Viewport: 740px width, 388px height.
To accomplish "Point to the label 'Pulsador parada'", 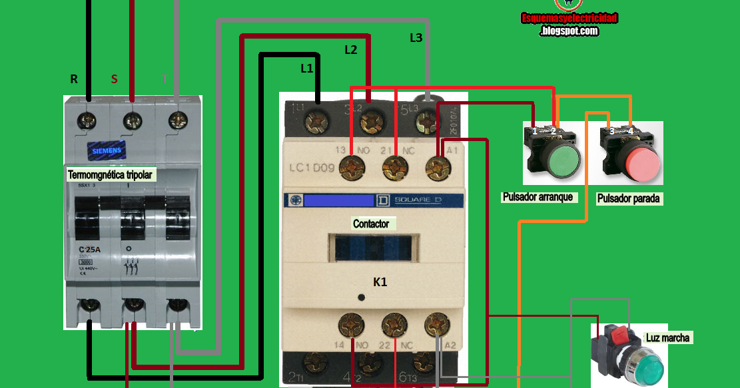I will (x=629, y=198).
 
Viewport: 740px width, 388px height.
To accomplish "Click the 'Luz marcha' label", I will (x=667, y=338).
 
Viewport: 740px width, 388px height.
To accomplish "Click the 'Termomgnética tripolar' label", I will (x=111, y=175).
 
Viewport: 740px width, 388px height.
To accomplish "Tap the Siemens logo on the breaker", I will (x=106, y=150).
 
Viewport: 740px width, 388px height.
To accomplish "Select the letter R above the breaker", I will (x=74, y=79).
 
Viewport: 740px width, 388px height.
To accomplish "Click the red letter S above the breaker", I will (x=114, y=79).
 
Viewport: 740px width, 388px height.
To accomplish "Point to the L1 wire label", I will (x=306, y=68).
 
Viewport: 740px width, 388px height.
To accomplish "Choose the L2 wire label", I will (x=350, y=49).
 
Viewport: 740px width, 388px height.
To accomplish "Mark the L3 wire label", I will (x=416, y=38).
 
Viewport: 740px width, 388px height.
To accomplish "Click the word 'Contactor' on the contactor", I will (x=371, y=224).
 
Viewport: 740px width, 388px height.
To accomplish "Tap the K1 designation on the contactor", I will (x=380, y=282).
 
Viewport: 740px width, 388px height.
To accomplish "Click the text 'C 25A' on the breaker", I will (x=85, y=250).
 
